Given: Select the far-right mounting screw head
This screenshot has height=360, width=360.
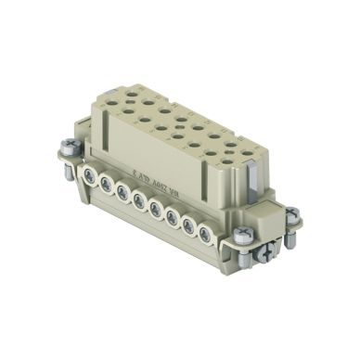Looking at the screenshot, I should pyautogui.click(x=291, y=215).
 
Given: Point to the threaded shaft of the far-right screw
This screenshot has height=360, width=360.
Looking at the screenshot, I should pyautogui.click(x=291, y=232).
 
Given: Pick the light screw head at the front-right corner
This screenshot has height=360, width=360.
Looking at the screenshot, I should pyautogui.click(x=242, y=237).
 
